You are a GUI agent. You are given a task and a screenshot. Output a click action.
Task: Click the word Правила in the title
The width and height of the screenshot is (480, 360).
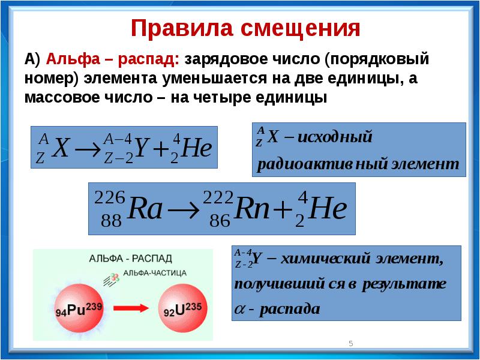point(182,28)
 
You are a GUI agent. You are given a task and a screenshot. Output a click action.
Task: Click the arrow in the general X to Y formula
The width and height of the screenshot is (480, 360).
point(88,149)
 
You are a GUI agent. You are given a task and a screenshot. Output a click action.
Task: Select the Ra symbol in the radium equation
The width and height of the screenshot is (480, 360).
point(145,209)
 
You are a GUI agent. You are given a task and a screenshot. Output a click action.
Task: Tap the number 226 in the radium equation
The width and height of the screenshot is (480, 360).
point(110,197)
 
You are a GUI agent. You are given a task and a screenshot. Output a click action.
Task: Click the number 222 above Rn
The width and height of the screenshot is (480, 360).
point(218,197)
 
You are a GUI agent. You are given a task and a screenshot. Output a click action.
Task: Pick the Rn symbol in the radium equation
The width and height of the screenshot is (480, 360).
point(251,209)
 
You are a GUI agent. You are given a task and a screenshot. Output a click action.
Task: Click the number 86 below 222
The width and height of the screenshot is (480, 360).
point(220,220)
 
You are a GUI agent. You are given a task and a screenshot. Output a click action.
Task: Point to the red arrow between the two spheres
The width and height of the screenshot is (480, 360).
point(131,308)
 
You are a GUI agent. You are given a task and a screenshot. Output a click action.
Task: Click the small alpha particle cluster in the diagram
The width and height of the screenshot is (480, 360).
point(115,277)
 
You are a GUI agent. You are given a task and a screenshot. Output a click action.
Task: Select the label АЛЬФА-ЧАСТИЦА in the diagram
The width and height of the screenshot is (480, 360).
point(155,273)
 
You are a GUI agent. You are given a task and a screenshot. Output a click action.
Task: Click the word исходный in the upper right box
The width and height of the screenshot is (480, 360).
point(335,137)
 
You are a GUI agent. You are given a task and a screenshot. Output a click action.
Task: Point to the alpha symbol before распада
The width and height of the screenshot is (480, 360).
point(240,309)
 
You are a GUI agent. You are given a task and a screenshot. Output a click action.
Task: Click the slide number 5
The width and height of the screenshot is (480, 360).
point(351,343)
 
